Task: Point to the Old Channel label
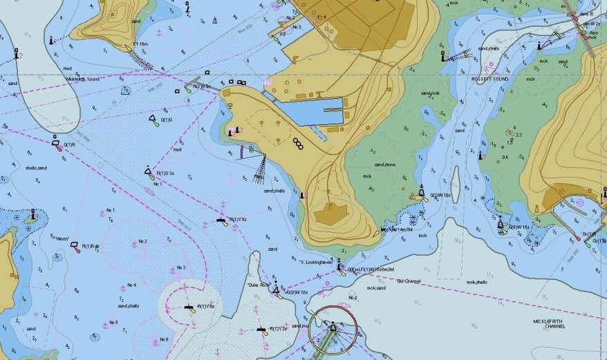[409, 281]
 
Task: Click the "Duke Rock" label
[257, 285]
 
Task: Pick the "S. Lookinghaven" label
[317, 262]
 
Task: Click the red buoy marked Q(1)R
[56, 142]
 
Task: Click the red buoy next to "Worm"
[74, 245]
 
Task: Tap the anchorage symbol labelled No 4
[122, 286]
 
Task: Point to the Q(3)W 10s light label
[440, 196]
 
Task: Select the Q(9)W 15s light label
[519, 227]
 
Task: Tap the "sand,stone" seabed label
[384, 165]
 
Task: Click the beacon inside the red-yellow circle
[333, 326]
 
